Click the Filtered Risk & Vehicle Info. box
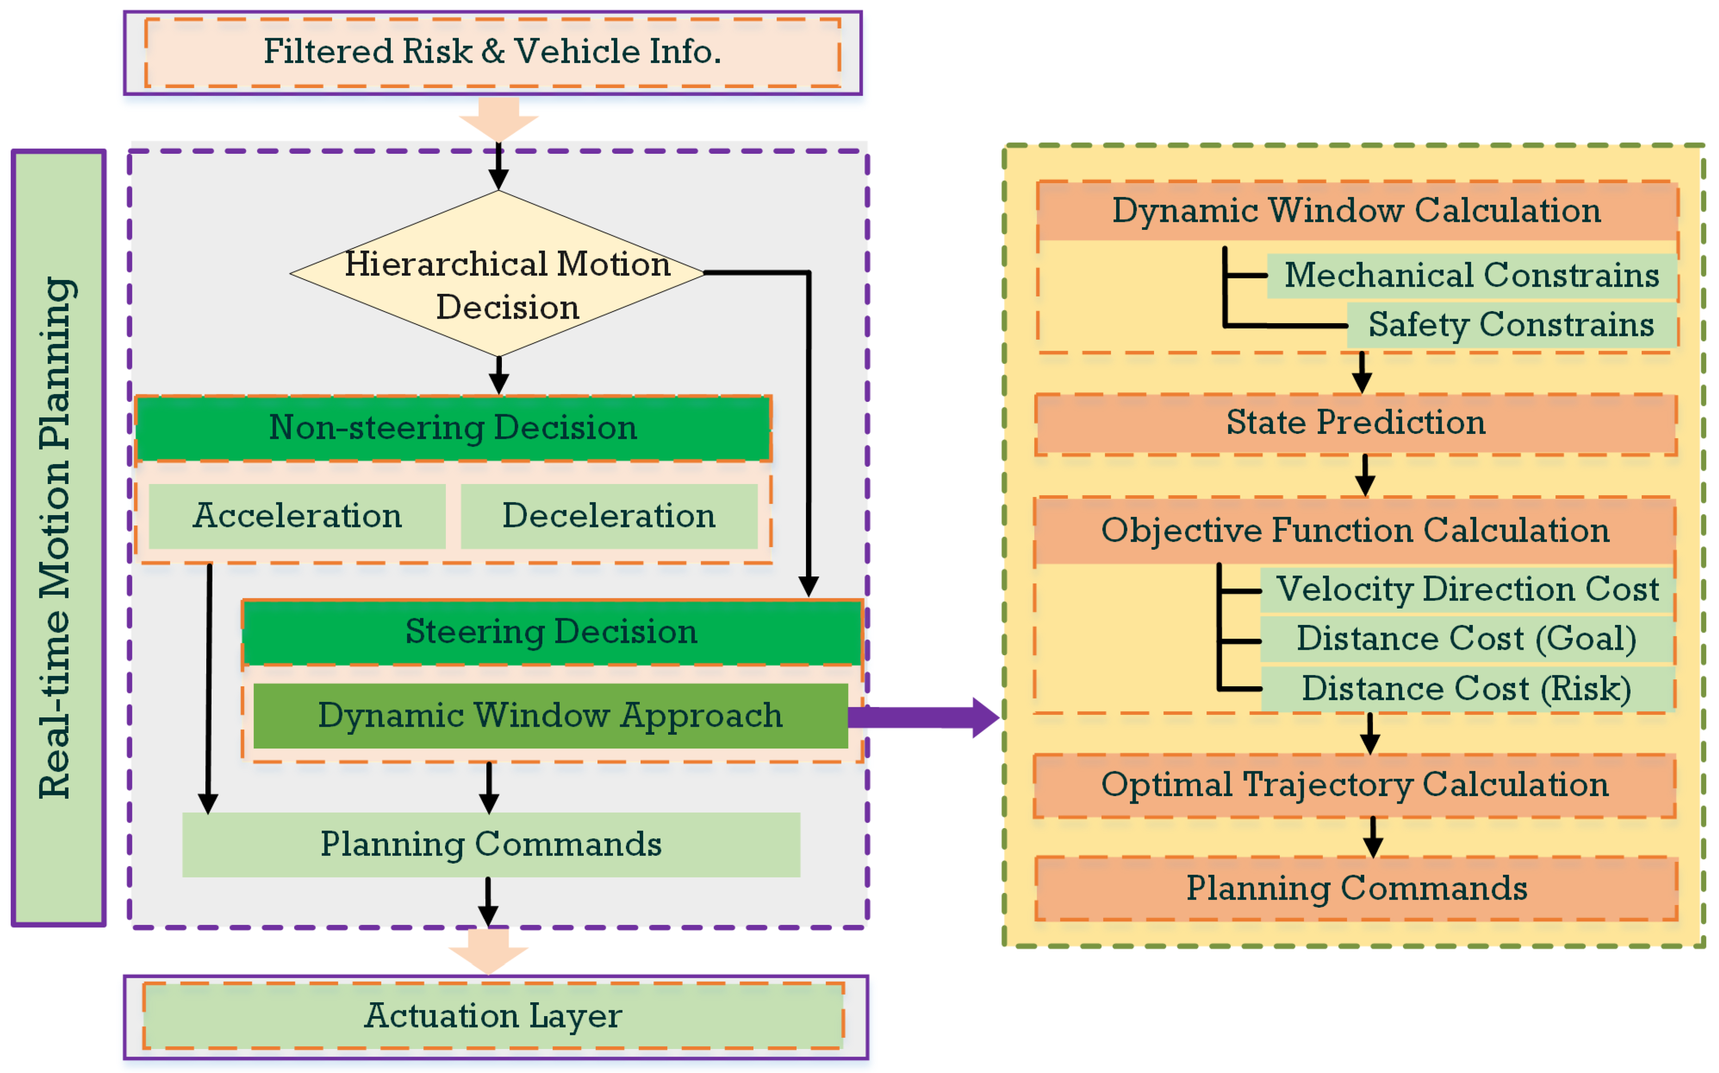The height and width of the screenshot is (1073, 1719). click(x=493, y=52)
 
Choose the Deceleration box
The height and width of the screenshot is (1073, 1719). click(x=609, y=516)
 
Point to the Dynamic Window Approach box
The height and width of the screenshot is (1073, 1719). click(x=550, y=715)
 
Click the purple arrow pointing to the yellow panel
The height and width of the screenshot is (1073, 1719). click(x=923, y=717)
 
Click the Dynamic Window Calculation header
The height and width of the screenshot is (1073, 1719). click(x=1356, y=211)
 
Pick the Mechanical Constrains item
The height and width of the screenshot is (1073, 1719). click(x=1471, y=275)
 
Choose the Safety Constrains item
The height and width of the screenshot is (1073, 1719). click(x=1511, y=325)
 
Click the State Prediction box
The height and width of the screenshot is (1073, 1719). click(x=1356, y=424)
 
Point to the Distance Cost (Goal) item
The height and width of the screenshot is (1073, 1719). click(x=1467, y=639)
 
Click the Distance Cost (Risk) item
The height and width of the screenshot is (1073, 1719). click(x=1467, y=689)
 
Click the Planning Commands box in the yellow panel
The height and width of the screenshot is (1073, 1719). click(x=1356, y=889)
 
